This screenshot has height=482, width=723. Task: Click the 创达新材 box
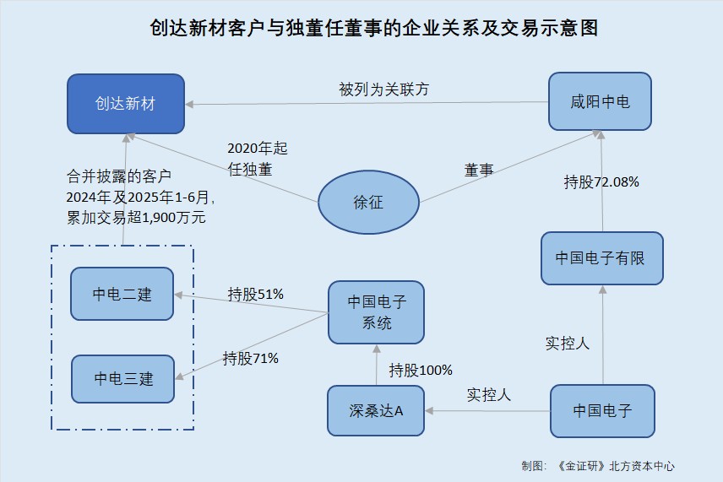[x=126, y=104]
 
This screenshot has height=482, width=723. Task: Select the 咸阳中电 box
[x=600, y=102]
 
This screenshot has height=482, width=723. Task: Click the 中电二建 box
[x=122, y=295]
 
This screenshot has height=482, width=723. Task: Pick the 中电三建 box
[x=123, y=379]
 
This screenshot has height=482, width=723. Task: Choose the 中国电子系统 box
[x=377, y=311]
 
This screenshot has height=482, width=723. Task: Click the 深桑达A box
[x=376, y=411]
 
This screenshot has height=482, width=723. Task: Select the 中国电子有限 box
[x=601, y=257]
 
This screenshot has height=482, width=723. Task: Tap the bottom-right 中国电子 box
[x=602, y=411]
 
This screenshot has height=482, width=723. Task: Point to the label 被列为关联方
[x=383, y=89]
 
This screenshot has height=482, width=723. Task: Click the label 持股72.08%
[x=601, y=181]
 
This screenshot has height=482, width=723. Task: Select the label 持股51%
[x=255, y=294]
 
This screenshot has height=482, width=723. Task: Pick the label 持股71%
[x=251, y=358]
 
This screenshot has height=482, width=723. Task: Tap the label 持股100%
[x=421, y=370]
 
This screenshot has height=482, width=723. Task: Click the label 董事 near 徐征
[x=479, y=170]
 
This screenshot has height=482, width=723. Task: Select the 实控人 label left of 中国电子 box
[x=489, y=394]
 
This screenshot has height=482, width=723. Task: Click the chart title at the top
[x=361, y=28]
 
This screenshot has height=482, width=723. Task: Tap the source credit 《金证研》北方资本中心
[x=615, y=465]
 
